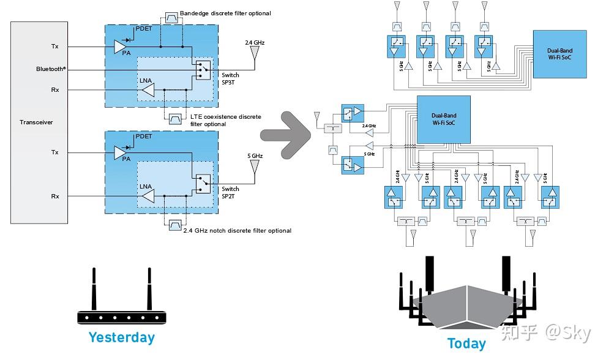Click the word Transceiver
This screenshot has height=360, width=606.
[36, 122]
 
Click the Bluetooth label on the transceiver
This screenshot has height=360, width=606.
[51, 69]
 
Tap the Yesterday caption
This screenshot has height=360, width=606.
[121, 337]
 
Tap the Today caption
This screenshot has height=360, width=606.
[466, 343]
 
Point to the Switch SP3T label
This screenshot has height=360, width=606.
[231, 77]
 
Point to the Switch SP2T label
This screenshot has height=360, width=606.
[231, 192]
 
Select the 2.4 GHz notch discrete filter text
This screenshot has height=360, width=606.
[237, 231]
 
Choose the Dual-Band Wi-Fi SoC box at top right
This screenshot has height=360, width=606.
[559, 54]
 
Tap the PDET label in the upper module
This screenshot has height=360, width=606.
[143, 28]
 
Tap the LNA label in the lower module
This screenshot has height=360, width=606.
[146, 186]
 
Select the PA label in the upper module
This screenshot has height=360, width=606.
[126, 53]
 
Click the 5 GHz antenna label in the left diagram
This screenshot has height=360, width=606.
[255, 156]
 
